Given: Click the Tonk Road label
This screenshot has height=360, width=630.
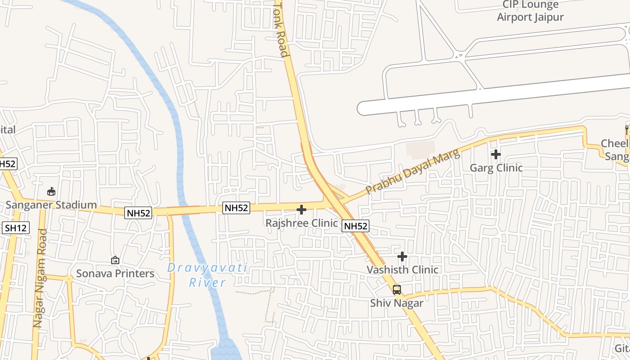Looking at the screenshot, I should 280,30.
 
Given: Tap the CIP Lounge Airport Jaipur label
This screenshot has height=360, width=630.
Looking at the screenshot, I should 530,11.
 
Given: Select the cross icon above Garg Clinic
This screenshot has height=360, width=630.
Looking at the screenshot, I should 496,154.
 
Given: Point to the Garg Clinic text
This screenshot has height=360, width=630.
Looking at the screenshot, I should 496,168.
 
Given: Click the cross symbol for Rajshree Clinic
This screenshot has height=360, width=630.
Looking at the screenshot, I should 301,210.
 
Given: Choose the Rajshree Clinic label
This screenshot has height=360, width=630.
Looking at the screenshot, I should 301,223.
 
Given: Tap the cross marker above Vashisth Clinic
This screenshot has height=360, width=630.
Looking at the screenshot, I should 402,256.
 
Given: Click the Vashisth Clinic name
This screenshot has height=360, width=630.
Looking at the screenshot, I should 402,270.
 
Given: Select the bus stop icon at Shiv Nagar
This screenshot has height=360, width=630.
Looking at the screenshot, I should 397,290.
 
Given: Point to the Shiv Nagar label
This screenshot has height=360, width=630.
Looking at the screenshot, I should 397,303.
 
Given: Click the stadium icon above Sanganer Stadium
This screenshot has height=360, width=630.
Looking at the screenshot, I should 51,192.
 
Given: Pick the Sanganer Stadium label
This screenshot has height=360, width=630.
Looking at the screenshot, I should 51,205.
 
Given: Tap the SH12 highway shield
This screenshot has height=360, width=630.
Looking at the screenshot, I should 16,228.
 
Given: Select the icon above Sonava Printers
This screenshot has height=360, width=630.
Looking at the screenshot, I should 115,260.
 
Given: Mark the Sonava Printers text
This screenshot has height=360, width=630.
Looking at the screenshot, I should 115,274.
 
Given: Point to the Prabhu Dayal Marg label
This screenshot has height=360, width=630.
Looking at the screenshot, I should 413,172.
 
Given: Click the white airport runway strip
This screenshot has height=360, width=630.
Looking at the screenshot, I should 495,94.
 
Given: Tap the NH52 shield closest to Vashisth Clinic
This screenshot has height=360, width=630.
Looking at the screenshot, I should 355,226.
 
